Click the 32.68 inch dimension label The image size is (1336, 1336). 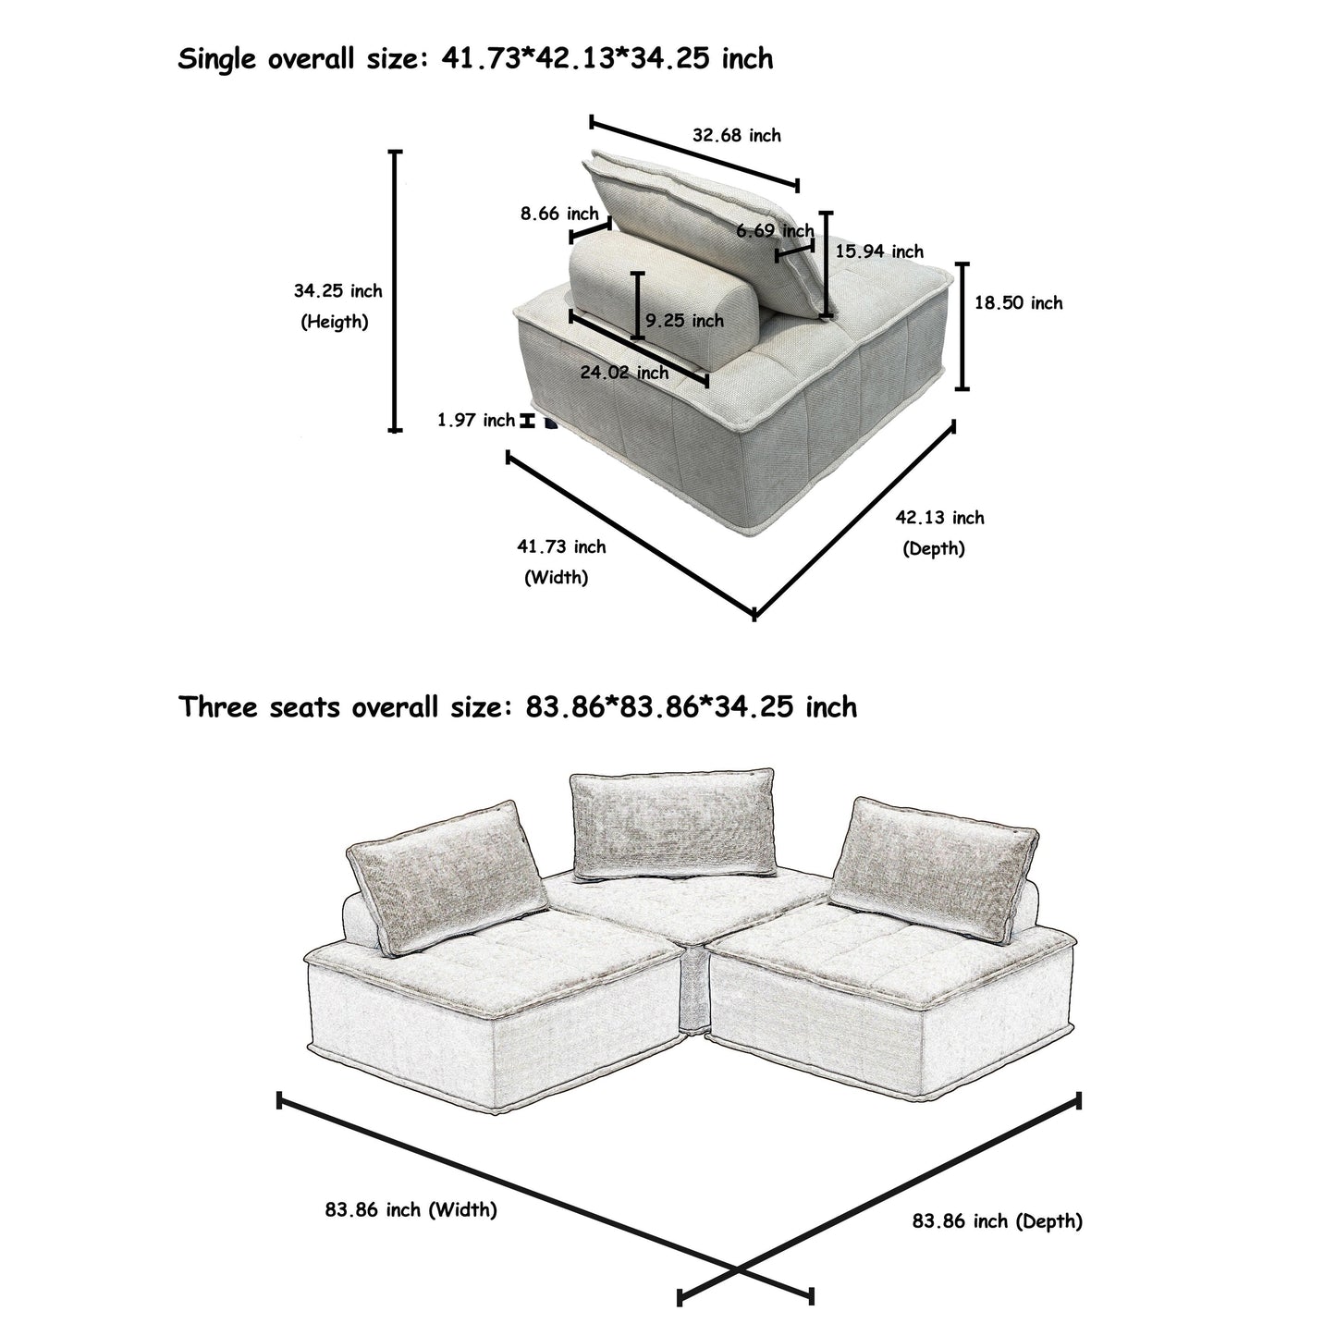click(x=736, y=136)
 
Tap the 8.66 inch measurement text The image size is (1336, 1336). click(x=558, y=214)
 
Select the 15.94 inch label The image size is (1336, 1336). click(x=878, y=251)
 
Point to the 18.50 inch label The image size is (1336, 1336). click(x=1018, y=303)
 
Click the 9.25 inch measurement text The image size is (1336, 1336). click(x=684, y=321)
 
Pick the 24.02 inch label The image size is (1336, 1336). click(x=624, y=373)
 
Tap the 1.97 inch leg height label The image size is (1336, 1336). click(x=475, y=421)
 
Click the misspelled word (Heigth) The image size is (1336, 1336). click(x=335, y=322)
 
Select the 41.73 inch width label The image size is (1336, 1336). click(x=560, y=546)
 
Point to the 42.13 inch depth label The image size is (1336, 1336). click(x=939, y=518)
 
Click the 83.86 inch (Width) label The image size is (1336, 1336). click(x=411, y=1209)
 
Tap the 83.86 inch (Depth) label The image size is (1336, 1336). click(x=997, y=1221)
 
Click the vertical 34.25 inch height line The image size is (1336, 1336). click(x=396, y=290)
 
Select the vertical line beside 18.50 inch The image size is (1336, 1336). click(x=962, y=326)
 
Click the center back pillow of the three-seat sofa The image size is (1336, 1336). click(x=672, y=823)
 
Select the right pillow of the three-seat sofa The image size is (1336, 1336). click(x=934, y=864)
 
